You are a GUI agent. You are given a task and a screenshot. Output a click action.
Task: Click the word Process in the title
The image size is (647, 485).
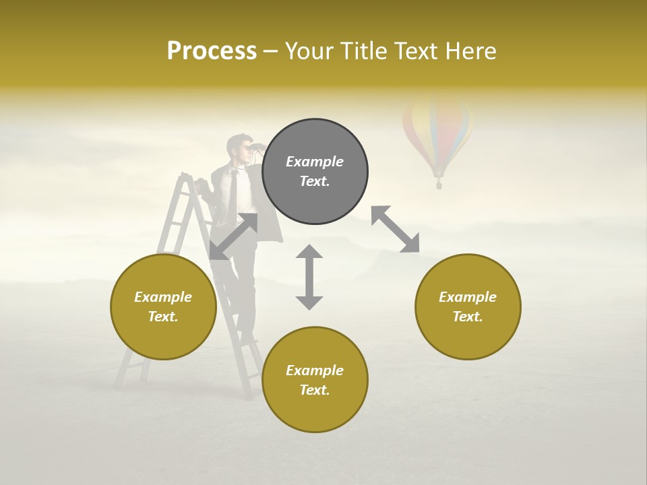[x=212, y=51]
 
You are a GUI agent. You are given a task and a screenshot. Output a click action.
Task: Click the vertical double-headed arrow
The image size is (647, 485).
[x=309, y=277]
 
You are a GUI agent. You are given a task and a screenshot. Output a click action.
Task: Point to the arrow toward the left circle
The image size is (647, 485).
[x=233, y=236]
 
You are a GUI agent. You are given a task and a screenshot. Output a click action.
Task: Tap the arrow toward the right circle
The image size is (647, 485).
[x=395, y=229]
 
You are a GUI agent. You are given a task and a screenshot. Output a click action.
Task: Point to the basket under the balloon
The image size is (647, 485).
[x=439, y=183]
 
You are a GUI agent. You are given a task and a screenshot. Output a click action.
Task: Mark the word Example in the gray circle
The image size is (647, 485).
[x=315, y=162]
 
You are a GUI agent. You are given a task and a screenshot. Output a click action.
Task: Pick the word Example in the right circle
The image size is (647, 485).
[x=468, y=297]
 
